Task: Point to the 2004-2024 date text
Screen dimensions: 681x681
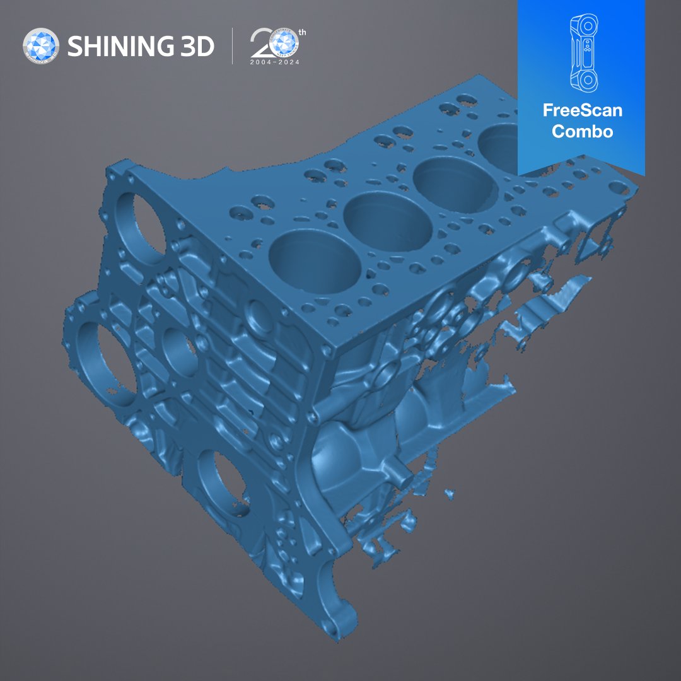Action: (275, 62)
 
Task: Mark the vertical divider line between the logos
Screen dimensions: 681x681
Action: (232, 46)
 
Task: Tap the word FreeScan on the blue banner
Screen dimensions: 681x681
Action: (582, 111)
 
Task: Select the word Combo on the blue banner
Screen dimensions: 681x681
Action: (582, 131)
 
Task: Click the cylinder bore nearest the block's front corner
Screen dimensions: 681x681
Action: (315, 262)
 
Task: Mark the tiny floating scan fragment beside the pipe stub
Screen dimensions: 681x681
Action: (449, 492)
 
